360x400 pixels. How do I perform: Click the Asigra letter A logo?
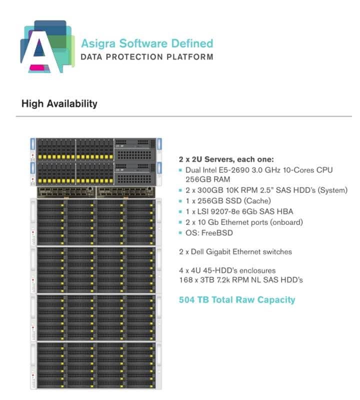pyautogui.click(x=47, y=47)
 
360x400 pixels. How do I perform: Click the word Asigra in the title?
pyautogui.click(x=98, y=44)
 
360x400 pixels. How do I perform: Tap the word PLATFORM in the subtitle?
pyautogui.click(x=190, y=57)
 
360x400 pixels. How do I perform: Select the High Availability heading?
pyautogui.click(x=59, y=103)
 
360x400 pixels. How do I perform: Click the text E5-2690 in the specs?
pyautogui.click(x=234, y=170)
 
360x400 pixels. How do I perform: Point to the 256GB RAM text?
pyautogui.click(x=207, y=179)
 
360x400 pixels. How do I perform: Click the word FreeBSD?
pyautogui.click(x=217, y=232)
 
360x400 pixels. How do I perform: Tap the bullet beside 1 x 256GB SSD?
pyautogui.click(x=180, y=201)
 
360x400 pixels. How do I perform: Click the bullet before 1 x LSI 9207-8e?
pyautogui.click(x=180, y=211)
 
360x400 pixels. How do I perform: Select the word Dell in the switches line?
pyautogui.click(x=197, y=252)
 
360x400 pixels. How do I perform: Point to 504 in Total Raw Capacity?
pyautogui.click(x=186, y=299)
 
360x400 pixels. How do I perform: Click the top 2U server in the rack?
pyautogui.click(x=96, y=149)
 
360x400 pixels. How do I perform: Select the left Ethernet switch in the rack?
pyautogui.click(x=66, y=192)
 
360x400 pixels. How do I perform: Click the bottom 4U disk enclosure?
pyautogui.click(x=96, y=365)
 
